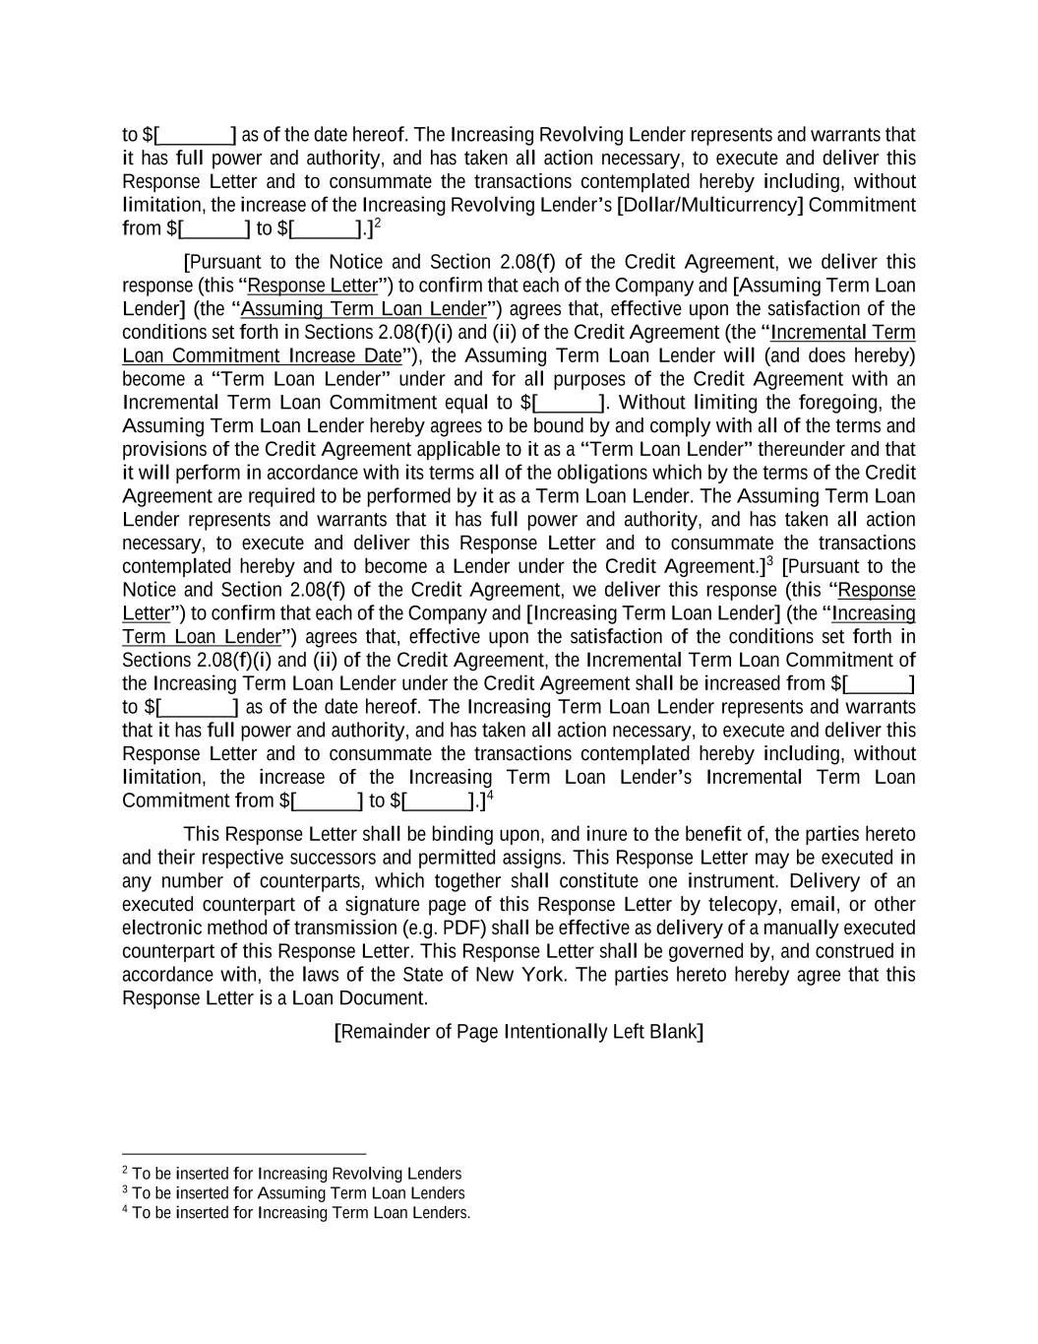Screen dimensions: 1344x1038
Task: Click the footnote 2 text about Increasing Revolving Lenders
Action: pos(296,1174)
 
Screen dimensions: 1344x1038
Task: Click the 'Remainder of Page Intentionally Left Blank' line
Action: pos(519,1032)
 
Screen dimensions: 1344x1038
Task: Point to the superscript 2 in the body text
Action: pos(377,224)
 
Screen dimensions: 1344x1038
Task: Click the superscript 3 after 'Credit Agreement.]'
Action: pos(770,561)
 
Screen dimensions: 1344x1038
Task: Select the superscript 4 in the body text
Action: pos(489,796)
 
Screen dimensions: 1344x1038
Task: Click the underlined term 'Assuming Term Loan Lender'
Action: pos(363,309)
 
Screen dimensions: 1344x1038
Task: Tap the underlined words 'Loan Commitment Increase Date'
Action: pos(262,355)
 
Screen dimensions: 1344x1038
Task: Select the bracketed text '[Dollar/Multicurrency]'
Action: pos(709,205)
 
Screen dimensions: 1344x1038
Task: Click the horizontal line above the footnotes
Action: pos(244,1153)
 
